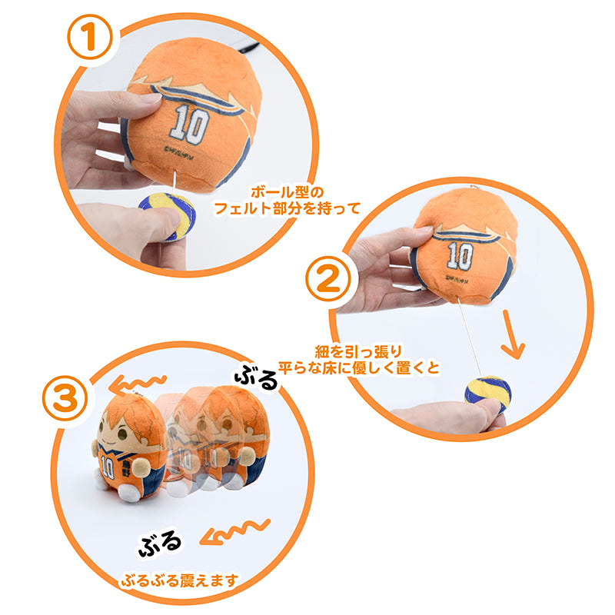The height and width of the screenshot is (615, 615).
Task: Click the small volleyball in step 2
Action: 487,394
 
